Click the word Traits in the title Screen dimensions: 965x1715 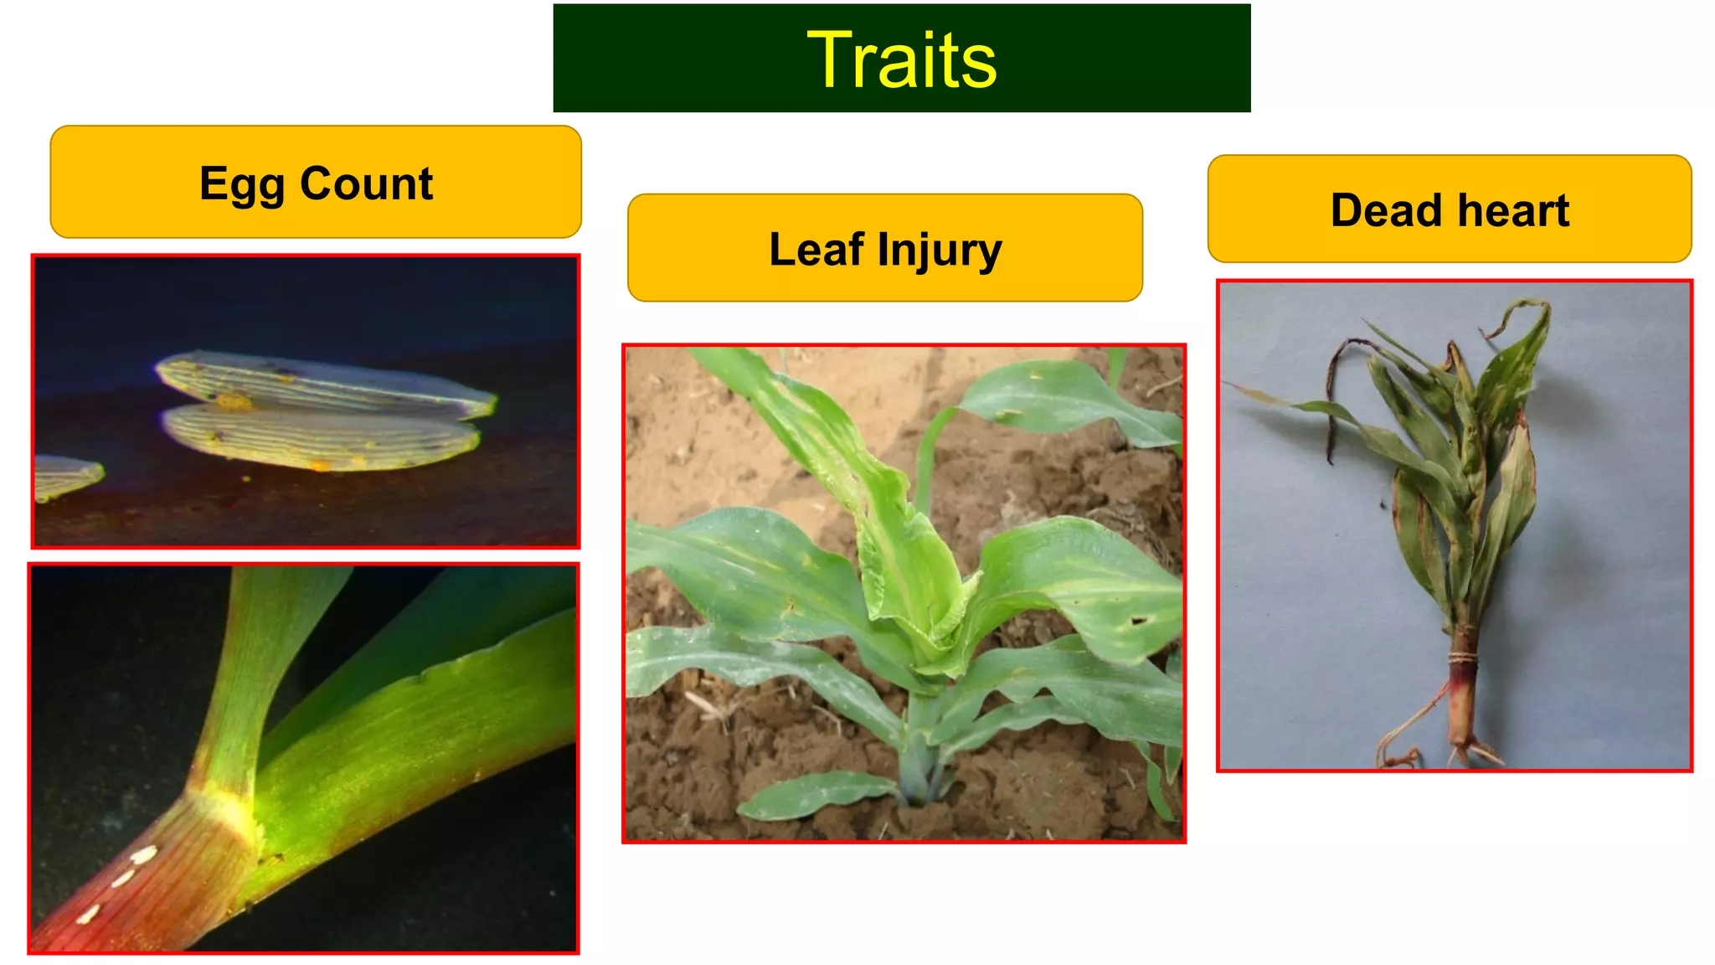click(902, 59)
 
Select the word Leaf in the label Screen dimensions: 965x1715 click(816, 250)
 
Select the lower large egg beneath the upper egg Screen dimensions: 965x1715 click(322, 436)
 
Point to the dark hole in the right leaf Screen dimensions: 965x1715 click(1138, 621)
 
